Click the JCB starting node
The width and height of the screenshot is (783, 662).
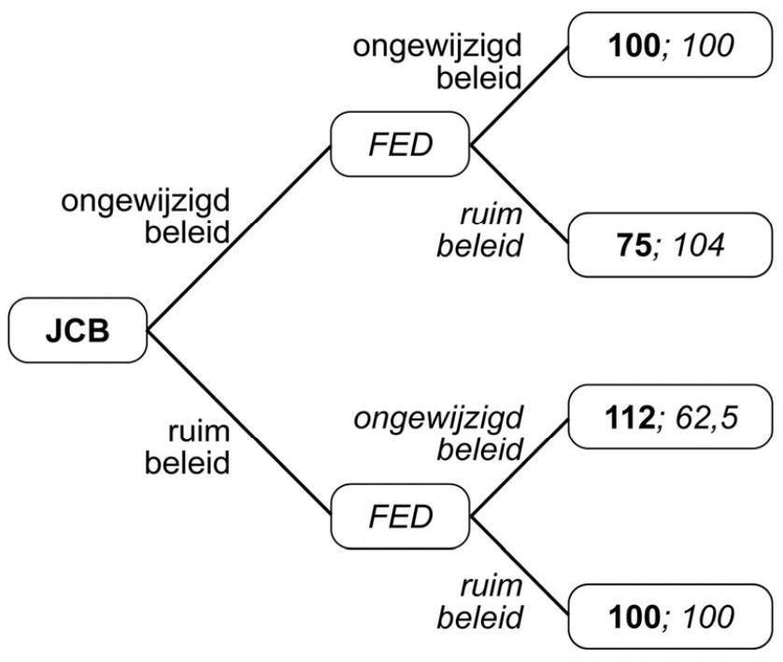point(78,331)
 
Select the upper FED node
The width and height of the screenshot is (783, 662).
point(399,144)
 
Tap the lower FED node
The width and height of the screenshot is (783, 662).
point(399,515)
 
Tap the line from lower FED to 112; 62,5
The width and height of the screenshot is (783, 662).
point(519,466)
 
